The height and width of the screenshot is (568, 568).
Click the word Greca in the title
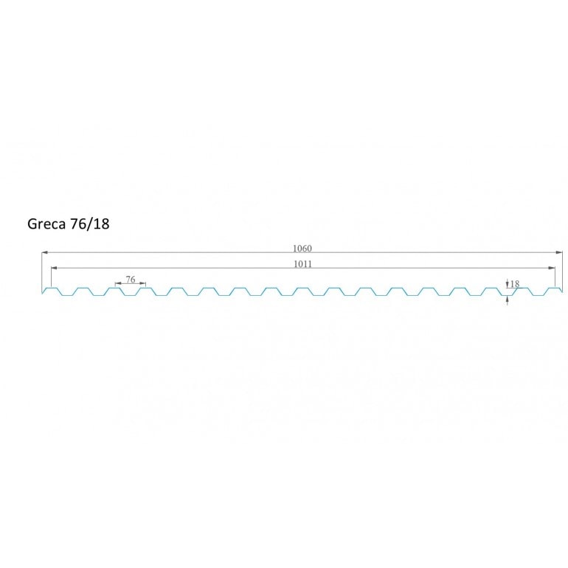[46, 224]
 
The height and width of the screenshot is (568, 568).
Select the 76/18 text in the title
[89, 224]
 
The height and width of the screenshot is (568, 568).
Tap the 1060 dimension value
[302, 248]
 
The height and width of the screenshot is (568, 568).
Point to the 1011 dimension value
[302, 264]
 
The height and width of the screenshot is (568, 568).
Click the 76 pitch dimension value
[131, 280]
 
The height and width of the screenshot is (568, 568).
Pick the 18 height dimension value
[515, 284]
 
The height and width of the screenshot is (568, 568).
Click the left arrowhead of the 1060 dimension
[45, 252]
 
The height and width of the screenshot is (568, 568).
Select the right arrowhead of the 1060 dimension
[559, 252]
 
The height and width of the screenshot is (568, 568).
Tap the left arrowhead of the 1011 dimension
[55, 268]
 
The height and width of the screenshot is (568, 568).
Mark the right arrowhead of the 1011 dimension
[551, 268]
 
